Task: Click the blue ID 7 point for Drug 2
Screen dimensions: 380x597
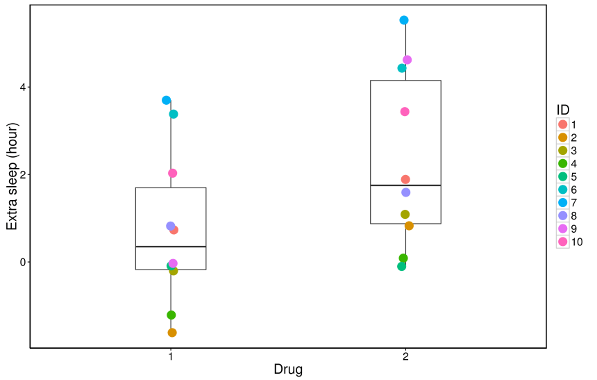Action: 404,20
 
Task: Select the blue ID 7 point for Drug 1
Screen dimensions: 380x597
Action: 167,100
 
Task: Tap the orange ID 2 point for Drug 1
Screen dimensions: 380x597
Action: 172,333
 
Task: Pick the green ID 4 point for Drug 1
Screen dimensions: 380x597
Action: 171,315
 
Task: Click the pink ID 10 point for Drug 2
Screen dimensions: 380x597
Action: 405,111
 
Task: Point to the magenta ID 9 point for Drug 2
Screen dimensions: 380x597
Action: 407,60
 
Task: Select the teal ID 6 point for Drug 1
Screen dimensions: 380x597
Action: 174,114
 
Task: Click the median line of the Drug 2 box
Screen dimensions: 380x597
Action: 405,185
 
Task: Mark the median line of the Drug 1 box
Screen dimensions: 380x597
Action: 171,247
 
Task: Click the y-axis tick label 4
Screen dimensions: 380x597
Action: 22,87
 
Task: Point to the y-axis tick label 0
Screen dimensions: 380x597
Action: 22,262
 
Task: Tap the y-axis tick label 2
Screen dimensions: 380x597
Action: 22,174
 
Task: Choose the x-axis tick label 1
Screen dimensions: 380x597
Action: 171,356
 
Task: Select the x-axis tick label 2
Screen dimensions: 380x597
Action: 405,356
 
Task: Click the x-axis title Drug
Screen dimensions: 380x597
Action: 288,370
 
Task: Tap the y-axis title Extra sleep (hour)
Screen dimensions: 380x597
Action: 12,175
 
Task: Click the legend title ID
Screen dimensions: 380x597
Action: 564,110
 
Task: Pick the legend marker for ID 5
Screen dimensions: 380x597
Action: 563,176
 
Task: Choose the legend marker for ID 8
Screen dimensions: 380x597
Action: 563,215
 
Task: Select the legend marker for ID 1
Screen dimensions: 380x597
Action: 563,124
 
